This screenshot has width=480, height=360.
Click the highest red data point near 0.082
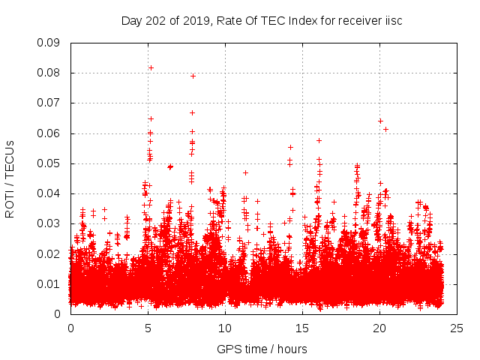151,67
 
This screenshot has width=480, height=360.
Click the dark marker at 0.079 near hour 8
193,76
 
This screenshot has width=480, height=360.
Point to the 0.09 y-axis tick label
49,43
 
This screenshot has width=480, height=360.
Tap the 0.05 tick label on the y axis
49,163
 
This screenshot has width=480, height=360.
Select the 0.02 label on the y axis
49,253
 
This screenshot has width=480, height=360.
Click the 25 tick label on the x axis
457,328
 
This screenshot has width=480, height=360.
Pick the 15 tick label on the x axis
302,328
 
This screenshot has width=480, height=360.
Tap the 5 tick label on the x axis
148,328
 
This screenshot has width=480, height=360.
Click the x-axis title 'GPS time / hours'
262,349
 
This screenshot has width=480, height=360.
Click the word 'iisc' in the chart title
393,21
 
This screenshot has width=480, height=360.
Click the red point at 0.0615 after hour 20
385,129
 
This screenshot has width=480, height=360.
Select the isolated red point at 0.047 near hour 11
245,172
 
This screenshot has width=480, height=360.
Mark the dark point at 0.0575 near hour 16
319,140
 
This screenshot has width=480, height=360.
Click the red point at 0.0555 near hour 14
290,147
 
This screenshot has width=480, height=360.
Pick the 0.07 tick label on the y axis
49,103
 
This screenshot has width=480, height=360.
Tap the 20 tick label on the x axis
379,328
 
